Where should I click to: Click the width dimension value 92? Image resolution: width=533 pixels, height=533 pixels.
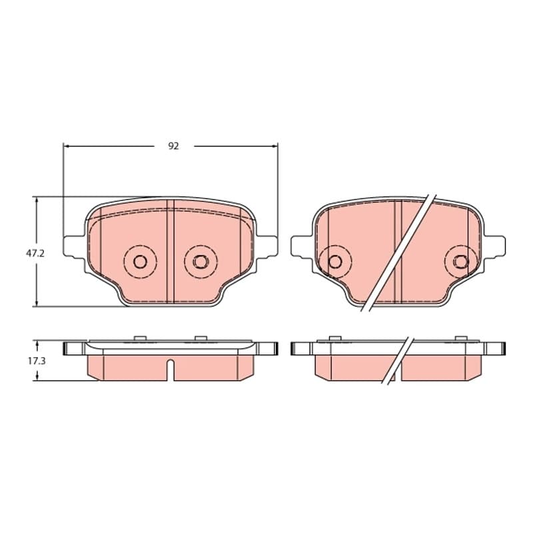[x=173, y=146]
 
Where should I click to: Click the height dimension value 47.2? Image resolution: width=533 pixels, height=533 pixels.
[x=35, y=253]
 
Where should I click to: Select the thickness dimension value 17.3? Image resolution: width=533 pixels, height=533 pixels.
[x=37, y=361]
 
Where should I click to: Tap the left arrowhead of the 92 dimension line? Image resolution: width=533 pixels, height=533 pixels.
[x=67, y=146]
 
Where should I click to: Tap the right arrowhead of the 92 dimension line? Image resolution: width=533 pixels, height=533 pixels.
[x=274, y=146]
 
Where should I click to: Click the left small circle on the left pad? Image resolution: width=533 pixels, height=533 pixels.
[x=140, y=261]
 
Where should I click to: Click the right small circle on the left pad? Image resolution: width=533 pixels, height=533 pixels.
[x=201, y=261]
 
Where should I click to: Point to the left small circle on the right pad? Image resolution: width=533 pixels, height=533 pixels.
[x=335, y=261]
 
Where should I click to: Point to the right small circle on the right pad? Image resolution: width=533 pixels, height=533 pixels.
[x=461, y=261]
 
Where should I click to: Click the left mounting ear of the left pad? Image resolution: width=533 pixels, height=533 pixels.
[x=74, y=247]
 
